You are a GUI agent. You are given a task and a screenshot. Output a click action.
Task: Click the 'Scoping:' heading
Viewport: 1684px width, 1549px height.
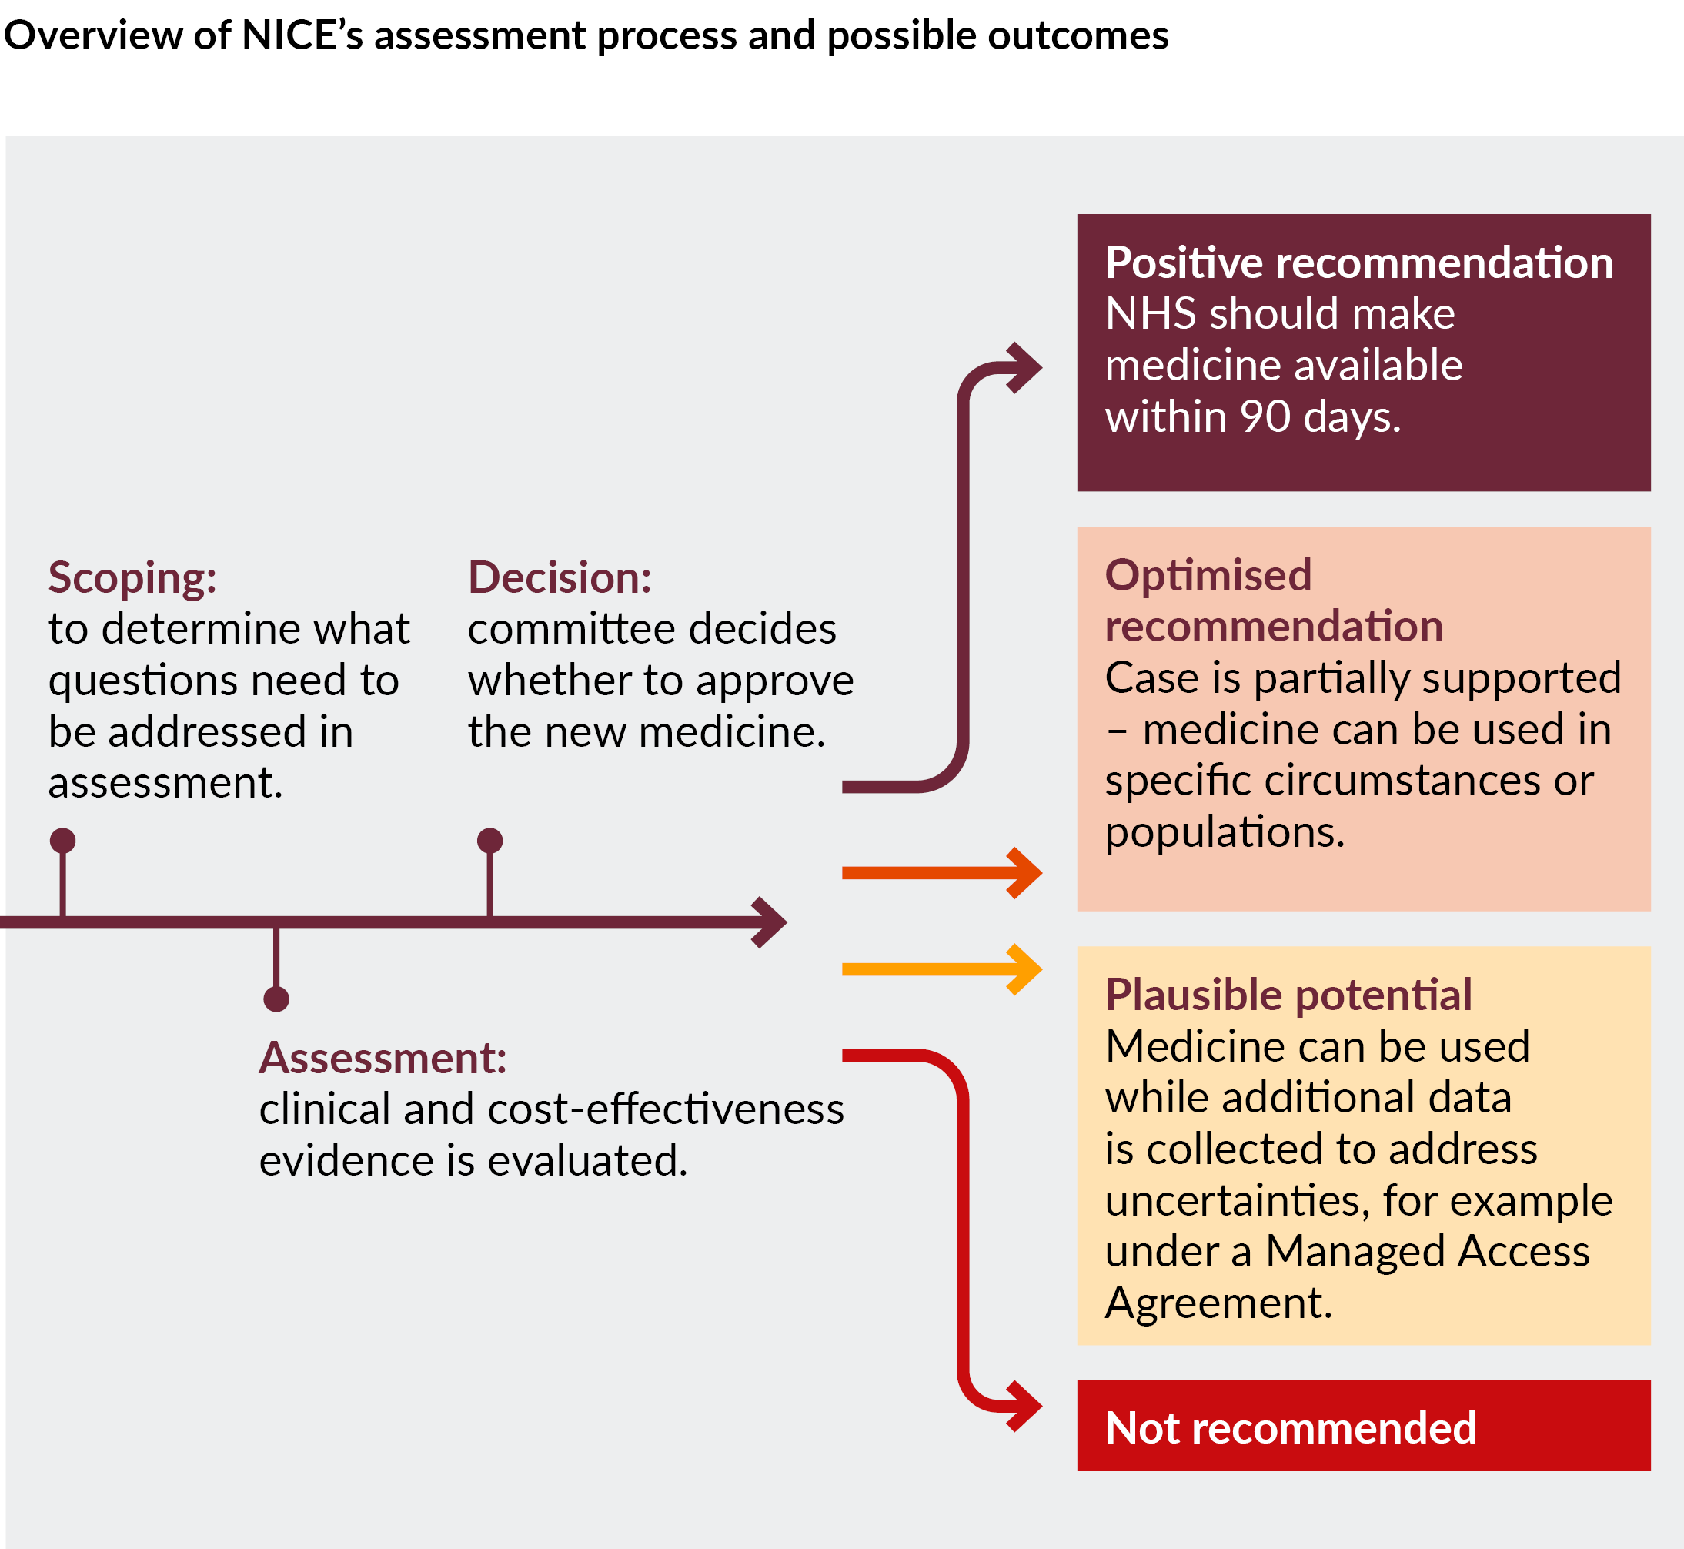pyautogui.click(x=132, y=577)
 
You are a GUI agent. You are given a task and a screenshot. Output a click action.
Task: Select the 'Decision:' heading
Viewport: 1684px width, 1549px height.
pyautogui.click(x=560, y=577)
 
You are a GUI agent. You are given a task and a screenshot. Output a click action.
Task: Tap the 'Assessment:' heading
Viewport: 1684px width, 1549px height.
pyautogui.click(x=383, y=1058)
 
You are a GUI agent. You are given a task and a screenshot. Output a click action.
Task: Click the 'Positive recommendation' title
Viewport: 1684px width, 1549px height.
pyautogui.click(x=1359, y=263)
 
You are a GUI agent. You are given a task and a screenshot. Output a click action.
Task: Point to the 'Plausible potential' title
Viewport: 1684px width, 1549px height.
pyautogui.click(x=1288, y=995)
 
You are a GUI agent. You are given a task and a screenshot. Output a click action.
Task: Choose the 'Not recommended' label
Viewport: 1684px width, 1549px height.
pyautogui.click(x=1290, y=1427)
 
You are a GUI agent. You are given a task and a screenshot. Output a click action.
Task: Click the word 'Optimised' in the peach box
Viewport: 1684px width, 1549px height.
pyautogui.click(x=1208, y=575)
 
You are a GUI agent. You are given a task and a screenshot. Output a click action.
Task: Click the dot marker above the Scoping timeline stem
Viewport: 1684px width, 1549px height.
pyautogui.click(x=63, y=840)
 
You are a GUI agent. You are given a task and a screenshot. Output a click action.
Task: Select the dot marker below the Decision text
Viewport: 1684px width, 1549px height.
pyautogui.click(x=490, y=840)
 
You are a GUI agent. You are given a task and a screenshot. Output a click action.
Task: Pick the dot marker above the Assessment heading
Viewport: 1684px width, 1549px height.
pyautogui.click(x=276, y=999)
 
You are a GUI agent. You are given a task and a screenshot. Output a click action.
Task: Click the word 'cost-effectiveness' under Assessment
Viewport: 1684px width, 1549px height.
pyautogui.click(x=665, y=1109)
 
